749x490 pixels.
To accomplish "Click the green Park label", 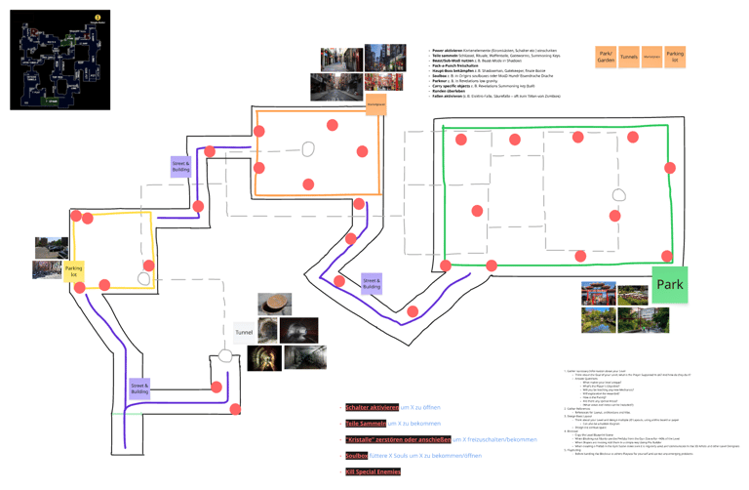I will tap(670, 284).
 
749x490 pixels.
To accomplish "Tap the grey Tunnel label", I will tap(244, 333).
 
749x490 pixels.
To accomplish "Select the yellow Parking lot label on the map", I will tap(74, 271).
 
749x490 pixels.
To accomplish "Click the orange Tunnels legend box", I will tap(629, 57).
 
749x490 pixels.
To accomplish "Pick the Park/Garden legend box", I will tap(606, 57).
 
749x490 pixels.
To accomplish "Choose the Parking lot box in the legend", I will tap(675, 57).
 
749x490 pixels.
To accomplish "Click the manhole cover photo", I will tap(274, 304).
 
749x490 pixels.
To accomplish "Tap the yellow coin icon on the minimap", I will tap(98, 17).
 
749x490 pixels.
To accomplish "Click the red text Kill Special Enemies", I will tap(373, 472).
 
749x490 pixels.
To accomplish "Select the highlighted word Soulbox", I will tap(356, 456).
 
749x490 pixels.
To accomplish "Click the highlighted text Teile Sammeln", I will tap(366, 424).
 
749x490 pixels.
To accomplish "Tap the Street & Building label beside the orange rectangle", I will tap(181, 167).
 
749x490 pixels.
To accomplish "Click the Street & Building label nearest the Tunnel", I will tap(139, 388).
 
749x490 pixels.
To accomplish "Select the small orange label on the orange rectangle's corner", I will tap(375, 103).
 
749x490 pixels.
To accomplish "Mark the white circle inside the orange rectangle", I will tap(308, 149).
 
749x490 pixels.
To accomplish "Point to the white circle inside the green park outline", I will tap(618, 195).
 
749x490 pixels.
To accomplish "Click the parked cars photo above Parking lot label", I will tap(49, 247).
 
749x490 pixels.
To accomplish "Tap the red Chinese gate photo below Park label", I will tap(600, 294).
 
